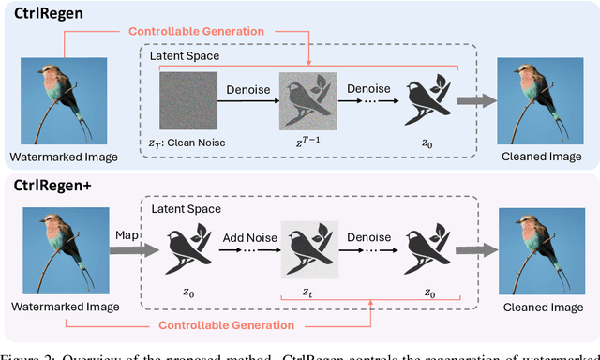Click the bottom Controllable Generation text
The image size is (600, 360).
[227, 325]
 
